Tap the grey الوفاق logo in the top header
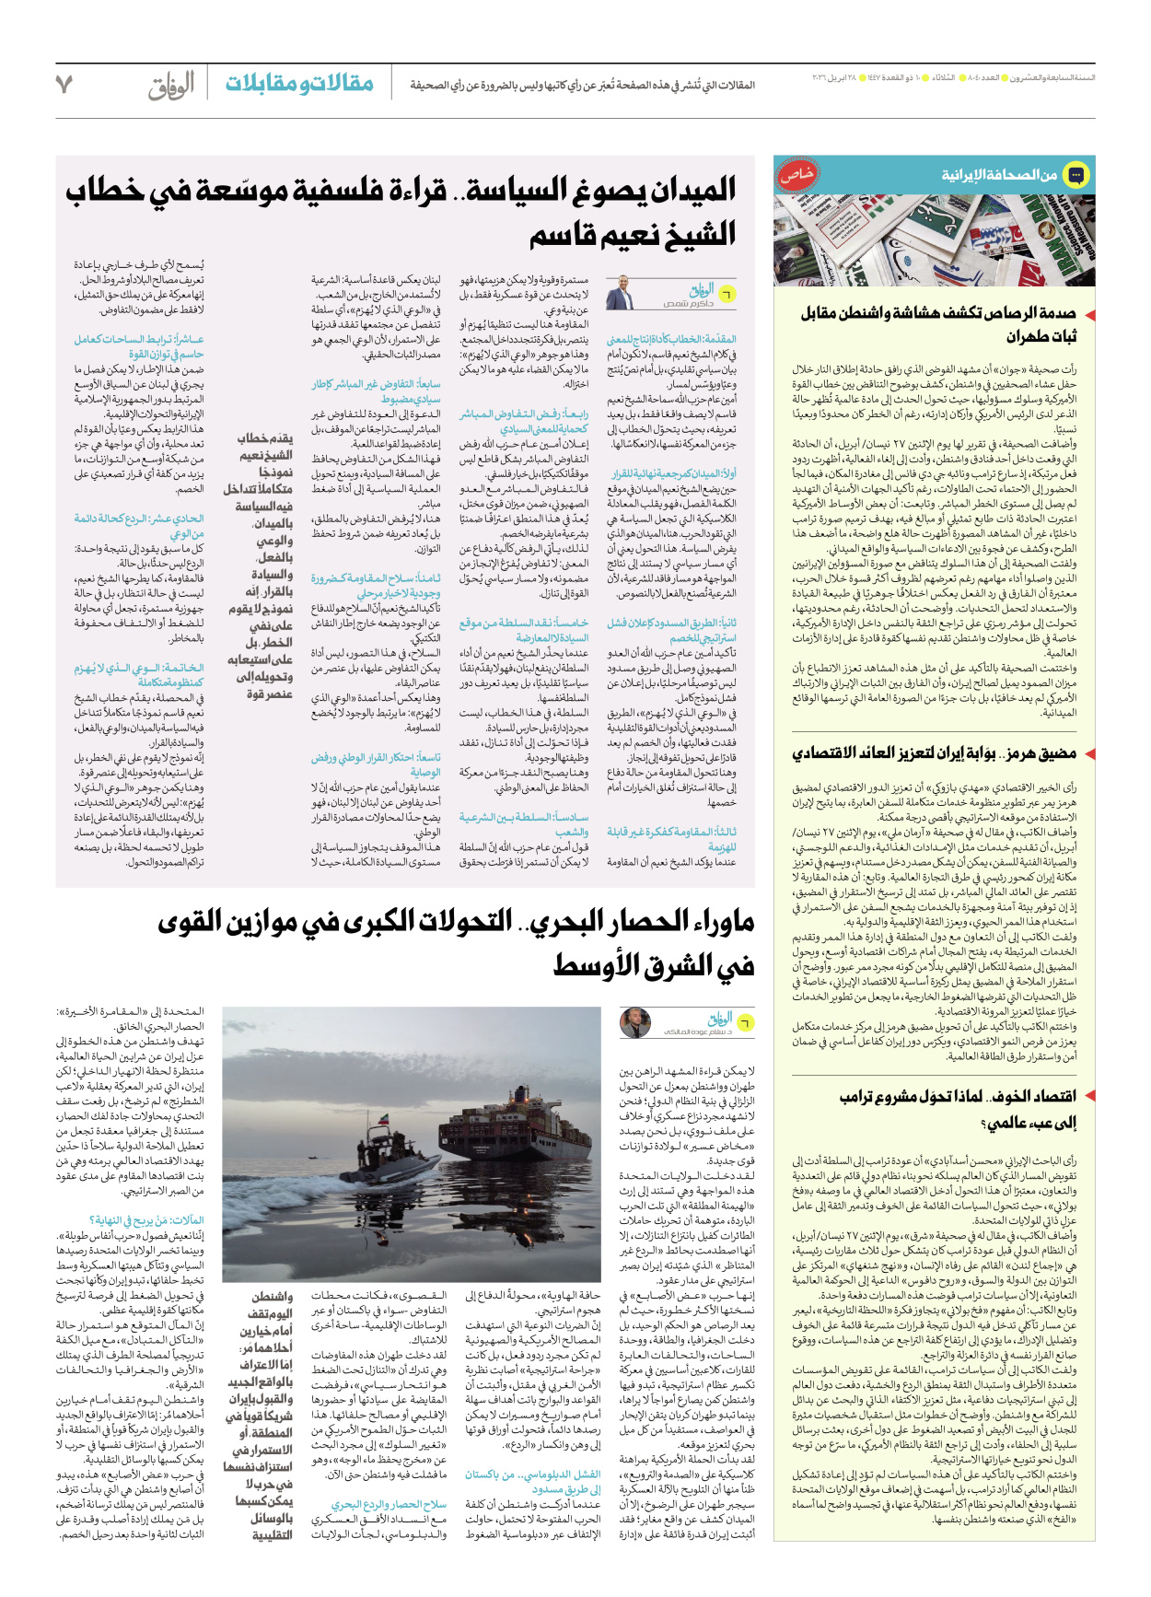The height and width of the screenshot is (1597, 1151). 171,86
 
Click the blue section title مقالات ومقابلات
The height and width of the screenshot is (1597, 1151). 299,84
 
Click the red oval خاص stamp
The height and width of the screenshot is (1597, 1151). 797,174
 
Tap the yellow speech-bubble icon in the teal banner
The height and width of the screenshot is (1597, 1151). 1075,174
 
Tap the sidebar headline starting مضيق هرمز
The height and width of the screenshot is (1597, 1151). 934,753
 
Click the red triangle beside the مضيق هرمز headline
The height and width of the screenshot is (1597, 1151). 1089,754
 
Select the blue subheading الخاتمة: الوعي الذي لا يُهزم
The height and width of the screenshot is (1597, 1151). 139,675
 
